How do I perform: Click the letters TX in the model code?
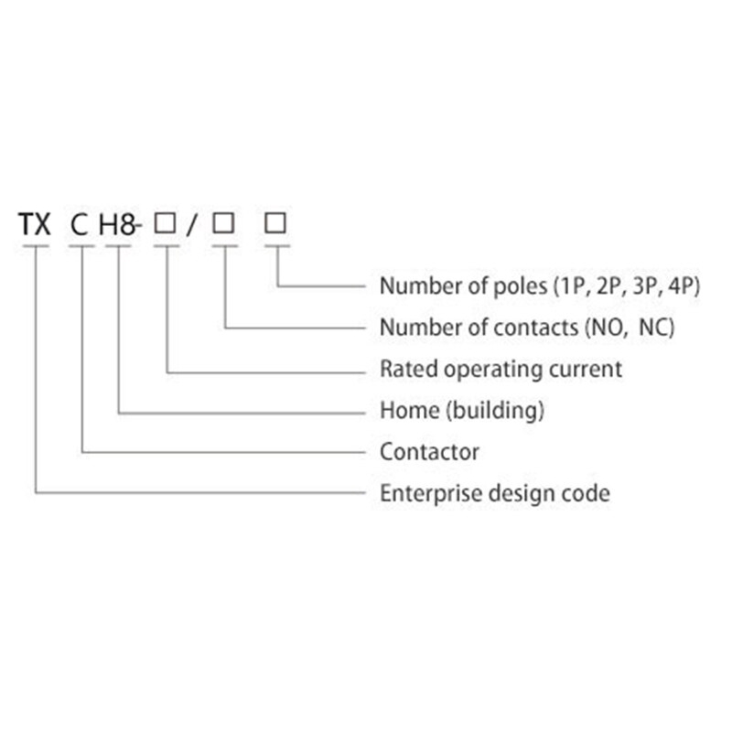[36, 226]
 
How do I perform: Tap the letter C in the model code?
[81, 226]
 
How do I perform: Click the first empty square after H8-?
[166, 223]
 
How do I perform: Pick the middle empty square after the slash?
[224, 223]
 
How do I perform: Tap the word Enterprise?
[422, 493]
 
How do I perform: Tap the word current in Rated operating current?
[589, 370]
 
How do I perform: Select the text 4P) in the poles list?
[685, 285]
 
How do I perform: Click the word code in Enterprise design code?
[589, 493]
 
